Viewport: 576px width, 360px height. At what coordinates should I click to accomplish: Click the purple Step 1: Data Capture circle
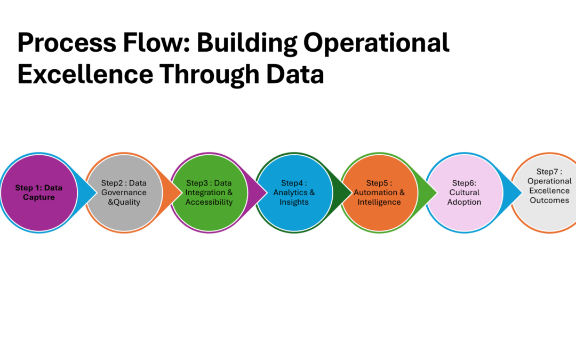[x=38, y=193]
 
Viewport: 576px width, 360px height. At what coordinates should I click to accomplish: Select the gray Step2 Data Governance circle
[x=124, y=193]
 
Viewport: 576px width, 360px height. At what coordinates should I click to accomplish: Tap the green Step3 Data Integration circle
[x=209, y=193]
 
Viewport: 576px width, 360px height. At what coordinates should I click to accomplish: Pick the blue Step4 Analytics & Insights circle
[x=294, y=193]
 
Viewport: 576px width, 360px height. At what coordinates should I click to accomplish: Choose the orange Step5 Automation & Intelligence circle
[x=379, y=193]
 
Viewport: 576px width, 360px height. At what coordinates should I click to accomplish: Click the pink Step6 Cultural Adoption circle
[x=464, y=193]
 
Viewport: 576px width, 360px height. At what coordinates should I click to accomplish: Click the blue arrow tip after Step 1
[x=89, y=193]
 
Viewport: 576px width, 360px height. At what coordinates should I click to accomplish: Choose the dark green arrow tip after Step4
[x=345, y=193]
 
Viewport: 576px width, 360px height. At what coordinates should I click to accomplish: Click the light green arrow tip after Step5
[x=430, y=193]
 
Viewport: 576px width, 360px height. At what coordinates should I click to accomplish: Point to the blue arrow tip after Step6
[x=515, y=193]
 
